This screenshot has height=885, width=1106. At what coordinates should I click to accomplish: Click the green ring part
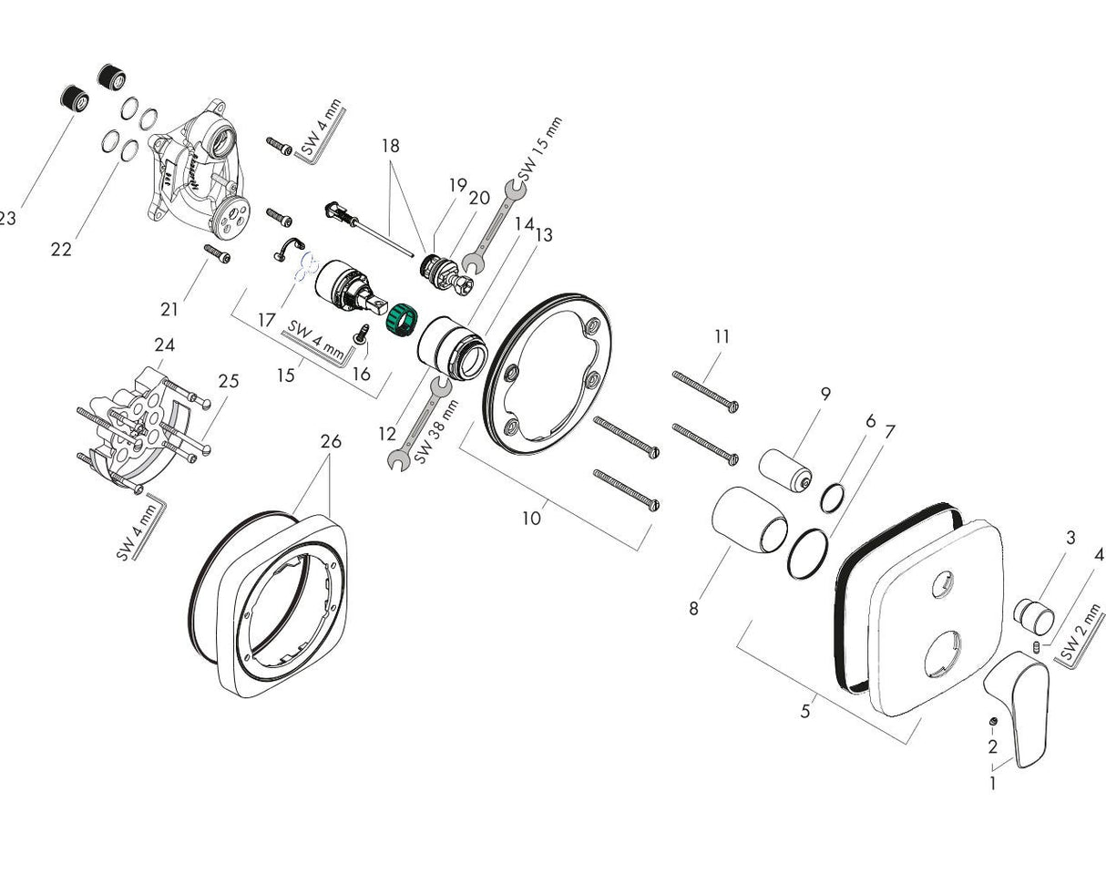(401, 321)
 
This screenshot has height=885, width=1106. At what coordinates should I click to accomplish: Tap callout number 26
(331, 442)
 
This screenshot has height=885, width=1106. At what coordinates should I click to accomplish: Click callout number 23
(7, 219)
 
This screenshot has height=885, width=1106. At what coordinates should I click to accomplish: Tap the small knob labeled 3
(1034, 616)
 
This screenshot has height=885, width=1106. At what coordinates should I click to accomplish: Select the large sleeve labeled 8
(749, 521)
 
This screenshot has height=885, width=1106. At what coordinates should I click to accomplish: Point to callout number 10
(531, 519)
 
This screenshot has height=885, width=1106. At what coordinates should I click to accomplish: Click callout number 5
(805, 711)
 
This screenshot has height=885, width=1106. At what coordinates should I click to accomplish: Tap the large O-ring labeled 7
(808, 552)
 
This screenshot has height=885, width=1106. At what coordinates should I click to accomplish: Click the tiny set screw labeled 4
(1037, 647)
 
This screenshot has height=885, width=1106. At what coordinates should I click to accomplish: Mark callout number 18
(390, 146)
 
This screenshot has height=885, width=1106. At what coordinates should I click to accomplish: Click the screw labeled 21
(217, 254)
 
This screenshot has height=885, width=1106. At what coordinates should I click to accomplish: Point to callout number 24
(164, 345)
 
